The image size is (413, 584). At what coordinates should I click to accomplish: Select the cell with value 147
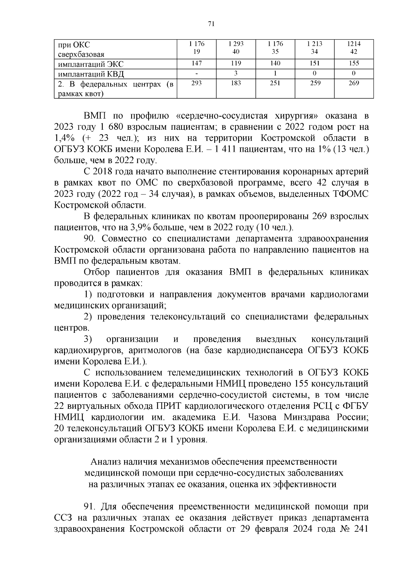tap(197, 63)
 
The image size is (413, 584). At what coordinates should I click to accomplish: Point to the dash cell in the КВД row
tap(197, 73)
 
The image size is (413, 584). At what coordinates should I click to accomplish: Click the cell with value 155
tap(354, 63)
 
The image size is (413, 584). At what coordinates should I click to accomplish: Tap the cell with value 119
tap(236, 63)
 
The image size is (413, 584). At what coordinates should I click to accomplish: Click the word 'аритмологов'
tap(155, 350)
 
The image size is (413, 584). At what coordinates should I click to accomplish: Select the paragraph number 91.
tap(90, 507)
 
